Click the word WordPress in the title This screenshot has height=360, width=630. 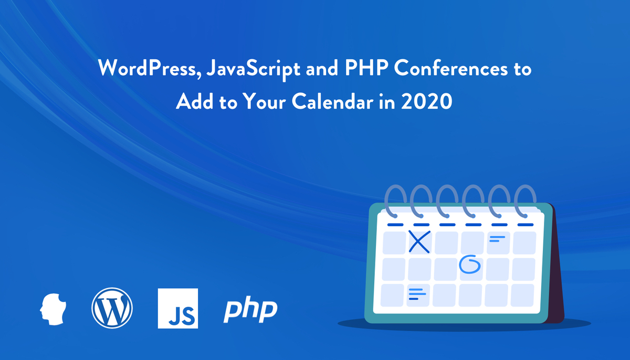[x=148, y=68]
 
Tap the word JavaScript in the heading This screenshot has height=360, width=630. [x=254, y=69]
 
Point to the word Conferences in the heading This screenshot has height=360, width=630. [x=451, y=68]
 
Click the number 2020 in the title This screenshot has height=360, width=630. [x=427, y=101]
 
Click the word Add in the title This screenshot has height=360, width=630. [x=195, y=101]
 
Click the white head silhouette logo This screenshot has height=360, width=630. [x=53, y=309]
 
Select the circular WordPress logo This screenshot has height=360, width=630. [x=112, y=308]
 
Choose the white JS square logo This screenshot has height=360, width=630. [x=178, y=308]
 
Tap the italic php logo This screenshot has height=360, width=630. [x=250, y=310]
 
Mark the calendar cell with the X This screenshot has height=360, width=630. [x=419, y=242]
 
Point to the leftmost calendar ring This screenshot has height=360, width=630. [x=395, y=201]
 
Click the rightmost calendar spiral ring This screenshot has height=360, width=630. [x=525, y=201]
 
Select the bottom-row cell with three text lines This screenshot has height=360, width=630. [x=418, y=295]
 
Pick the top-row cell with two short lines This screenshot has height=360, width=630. [x=498, y=243]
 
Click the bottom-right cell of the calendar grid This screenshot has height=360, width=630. [x=522, y=295]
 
